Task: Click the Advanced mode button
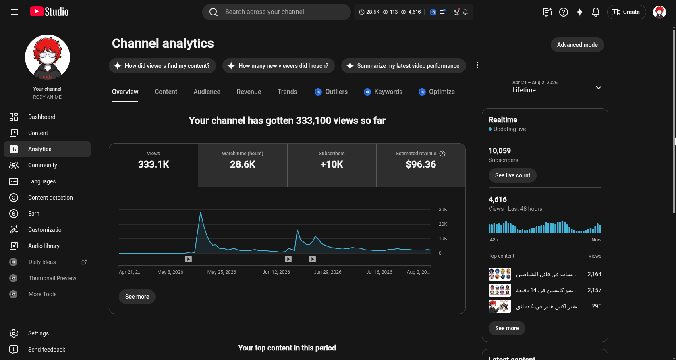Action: tap(577, 45)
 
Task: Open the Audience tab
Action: tap(207, 92)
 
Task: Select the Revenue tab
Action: tap(249, 92)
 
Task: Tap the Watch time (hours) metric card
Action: tap(243, 165)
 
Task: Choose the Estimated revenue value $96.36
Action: tap(421, 164)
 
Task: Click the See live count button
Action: tap(512, 175)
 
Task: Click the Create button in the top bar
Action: tap(626, 12)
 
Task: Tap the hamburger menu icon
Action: tap(15, 12)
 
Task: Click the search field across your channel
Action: tap(276, 12)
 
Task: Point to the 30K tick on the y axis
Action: tap(443, 210)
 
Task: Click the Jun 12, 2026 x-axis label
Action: tap(276, 272)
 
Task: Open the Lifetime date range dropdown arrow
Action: tap(598, 88)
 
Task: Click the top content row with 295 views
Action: tap(545, 306)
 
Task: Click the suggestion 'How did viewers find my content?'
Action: tap(162, 66)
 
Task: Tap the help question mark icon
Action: tap(564, 12)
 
